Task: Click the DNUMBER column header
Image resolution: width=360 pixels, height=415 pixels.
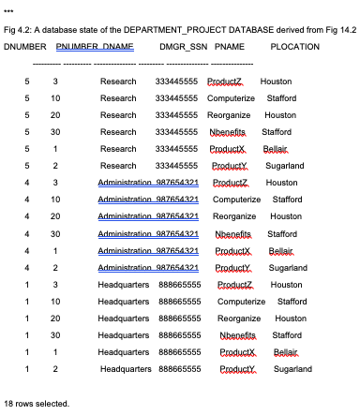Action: [x=25, y=46]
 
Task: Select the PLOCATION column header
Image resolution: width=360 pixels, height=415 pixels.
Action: [x=295, y=46]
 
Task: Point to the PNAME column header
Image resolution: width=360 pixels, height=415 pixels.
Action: [x=230, y=46]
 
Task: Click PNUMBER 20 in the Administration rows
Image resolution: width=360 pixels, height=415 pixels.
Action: [x=56, y=216]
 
